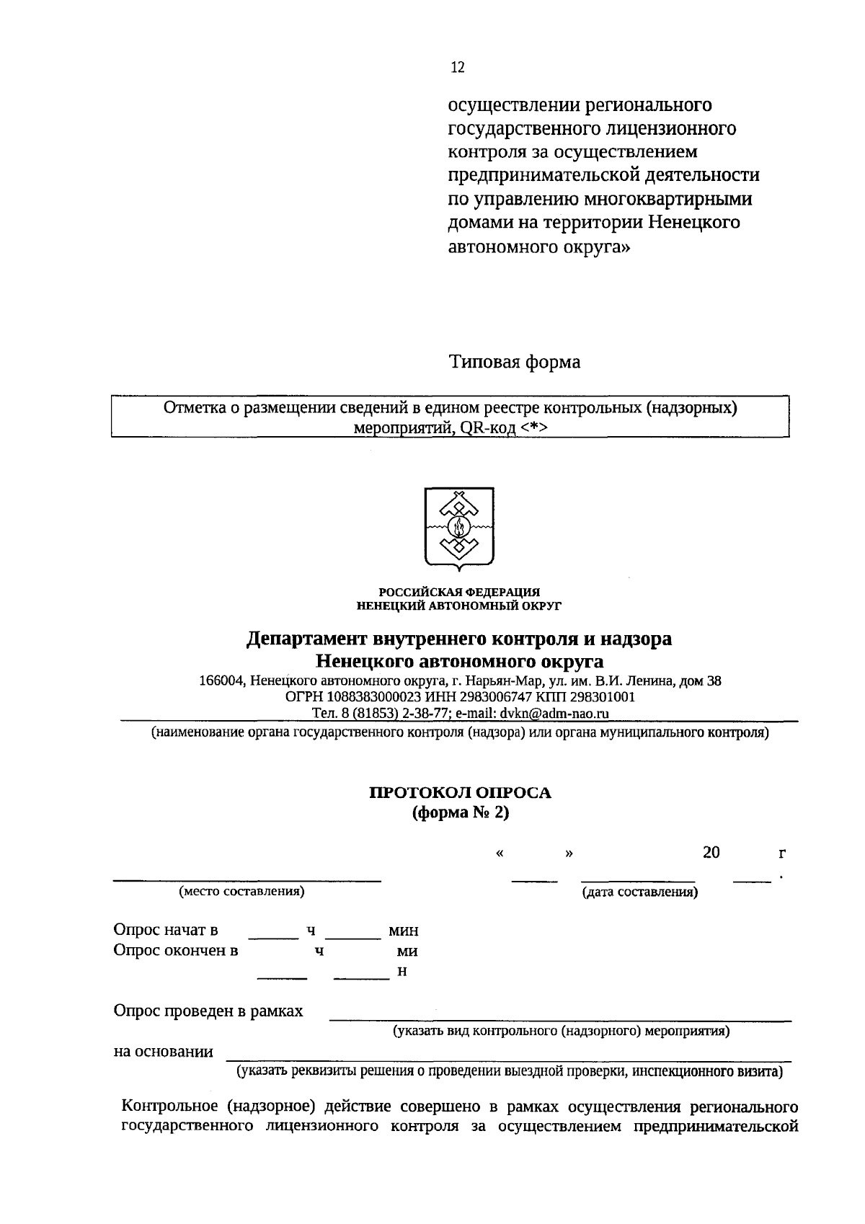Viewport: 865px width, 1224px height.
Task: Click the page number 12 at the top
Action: click(x=458, y=68)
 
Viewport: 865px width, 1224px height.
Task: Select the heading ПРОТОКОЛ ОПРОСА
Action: click(x=460, y=793)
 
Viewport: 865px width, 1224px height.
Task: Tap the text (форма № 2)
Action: click(x=460, y=812)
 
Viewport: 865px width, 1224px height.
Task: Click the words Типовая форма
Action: click(x=515, y=362)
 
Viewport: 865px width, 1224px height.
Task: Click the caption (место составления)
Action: click(x=241, y=892)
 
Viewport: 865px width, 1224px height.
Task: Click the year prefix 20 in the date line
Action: click(x=711, y=853)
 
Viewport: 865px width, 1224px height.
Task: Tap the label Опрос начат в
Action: click(x=166, y=930)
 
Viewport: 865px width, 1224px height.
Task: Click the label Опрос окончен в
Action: click(x=176, y=950)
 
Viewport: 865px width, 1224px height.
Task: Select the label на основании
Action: click(x=164, y=1052)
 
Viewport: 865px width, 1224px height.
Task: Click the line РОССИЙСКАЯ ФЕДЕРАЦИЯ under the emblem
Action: click(x=459, y=592)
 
